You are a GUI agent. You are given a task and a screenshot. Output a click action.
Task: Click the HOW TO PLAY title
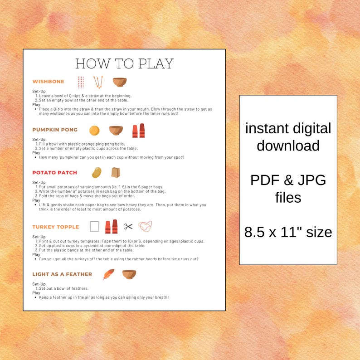pos(124,63)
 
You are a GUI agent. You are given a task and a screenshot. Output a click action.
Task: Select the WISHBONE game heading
pos(48,82)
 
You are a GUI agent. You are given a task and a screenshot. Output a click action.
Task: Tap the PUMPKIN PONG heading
pos(55,130)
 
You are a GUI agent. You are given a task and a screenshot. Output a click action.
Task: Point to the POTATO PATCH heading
pos(54,173)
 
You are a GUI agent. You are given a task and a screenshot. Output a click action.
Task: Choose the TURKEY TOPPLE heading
pos(55,227)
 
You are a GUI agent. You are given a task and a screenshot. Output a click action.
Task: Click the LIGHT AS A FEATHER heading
pos(62,274)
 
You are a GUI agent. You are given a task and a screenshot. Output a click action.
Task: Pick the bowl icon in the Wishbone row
pos(120,82)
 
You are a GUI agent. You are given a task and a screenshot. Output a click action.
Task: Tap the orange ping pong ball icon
pos(94,130)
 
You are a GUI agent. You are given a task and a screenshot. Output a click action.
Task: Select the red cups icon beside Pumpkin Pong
pos(138,131)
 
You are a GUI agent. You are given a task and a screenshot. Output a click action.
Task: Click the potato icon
pos(97,173)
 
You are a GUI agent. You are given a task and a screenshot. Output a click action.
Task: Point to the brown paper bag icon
pos(116,173)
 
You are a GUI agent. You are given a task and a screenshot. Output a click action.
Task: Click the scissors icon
pos(129,227)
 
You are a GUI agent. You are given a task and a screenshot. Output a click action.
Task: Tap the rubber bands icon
pos(145,226)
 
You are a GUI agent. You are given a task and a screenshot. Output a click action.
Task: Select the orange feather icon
pos(108,274)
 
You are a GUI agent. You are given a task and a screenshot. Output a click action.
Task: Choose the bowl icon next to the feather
pos(129,274)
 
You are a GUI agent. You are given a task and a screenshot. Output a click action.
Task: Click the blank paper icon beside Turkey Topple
pos(94,227)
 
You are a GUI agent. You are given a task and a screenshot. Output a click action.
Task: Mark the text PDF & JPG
pos(288,180)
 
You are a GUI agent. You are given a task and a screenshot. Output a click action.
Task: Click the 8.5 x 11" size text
pos(288,232)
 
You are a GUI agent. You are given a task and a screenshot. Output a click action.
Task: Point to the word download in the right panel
pos(288,146)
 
